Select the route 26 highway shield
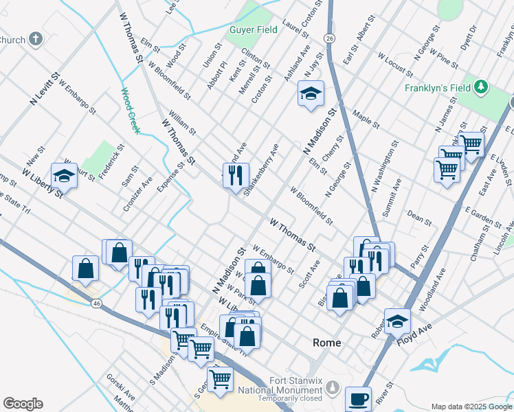click(x=331, y=38)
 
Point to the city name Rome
click(x=327, y=343)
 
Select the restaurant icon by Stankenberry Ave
click(x=236, y=175)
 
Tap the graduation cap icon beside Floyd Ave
click(x=397, y=321)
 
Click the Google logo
click(x=23, y=404)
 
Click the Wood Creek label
click(x=130, y=110)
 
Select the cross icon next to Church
click(x=36, y=39)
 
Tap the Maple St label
click(x=366, y=118)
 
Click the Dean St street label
click(x=418, y=218)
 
